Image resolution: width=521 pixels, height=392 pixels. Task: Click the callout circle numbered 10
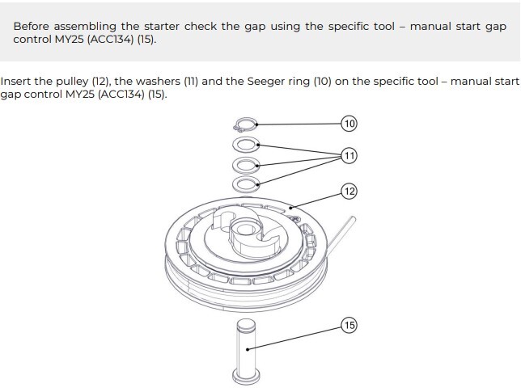point(349,124)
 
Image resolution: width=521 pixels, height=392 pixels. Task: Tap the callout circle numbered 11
point(349,154)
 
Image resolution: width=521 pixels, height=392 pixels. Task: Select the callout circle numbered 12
point(349,192)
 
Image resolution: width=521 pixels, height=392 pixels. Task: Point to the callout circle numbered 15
point(349,325)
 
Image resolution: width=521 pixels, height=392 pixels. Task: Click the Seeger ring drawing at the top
point(245,125)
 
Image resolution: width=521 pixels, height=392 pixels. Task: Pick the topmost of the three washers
point(245,145)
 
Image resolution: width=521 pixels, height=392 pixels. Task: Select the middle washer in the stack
point(245,165)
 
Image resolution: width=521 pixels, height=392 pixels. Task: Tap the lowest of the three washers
point(245,184)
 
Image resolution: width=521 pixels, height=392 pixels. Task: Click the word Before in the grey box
point(33,26)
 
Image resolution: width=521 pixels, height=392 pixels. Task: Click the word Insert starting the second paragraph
point(16,82)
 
